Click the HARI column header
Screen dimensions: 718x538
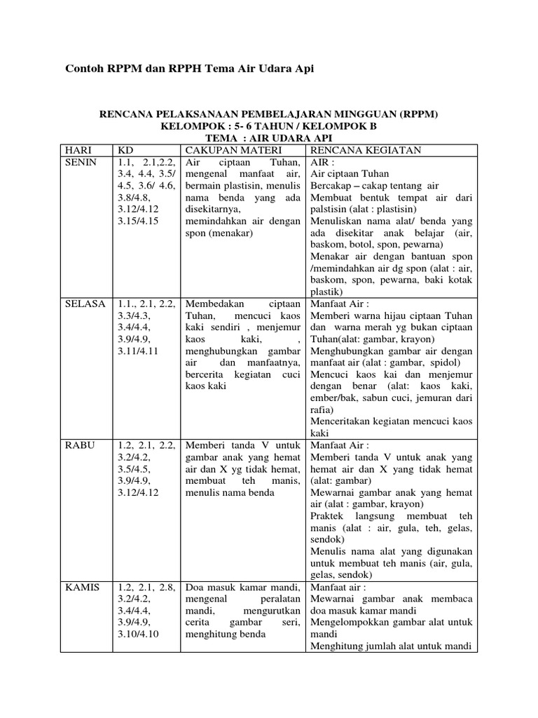78,150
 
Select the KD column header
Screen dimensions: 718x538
125,150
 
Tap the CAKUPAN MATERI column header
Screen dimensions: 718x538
222,150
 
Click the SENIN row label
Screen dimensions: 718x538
81,163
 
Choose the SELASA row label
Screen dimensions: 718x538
85,304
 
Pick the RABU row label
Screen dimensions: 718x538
79,445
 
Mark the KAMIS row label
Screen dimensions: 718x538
82,587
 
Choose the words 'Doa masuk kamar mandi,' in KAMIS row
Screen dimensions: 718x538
242,587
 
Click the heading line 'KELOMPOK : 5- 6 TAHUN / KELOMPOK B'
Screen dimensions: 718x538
268,126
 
